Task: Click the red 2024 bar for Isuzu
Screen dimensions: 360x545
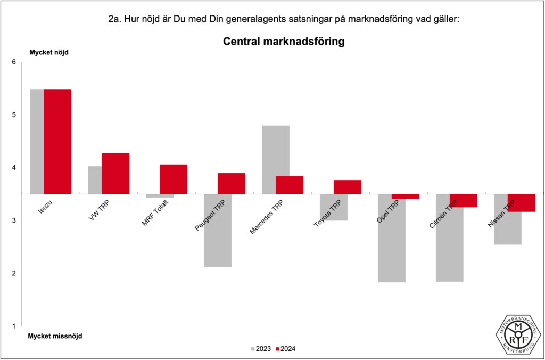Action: (57, 142)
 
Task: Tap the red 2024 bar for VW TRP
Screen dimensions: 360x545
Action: (115, 174)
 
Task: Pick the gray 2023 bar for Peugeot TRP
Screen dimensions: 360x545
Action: (218, 231)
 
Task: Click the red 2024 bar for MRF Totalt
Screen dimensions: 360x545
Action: (174, 179)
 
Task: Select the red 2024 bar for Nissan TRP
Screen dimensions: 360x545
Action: (522, 203)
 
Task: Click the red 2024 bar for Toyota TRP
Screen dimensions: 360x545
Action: (348, 187)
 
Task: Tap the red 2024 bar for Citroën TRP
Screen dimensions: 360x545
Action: (464, 201)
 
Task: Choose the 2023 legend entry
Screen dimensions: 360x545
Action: (260, 349)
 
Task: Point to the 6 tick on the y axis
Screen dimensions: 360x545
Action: (14, 62)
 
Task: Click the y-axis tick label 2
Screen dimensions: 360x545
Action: (14, 273)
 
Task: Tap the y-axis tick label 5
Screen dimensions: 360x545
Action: (14, 115)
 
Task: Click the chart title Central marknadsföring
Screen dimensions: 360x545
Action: (283, 42)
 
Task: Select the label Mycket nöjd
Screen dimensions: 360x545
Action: (49, 52)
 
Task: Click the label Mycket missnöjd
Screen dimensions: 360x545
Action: (55, 336)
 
